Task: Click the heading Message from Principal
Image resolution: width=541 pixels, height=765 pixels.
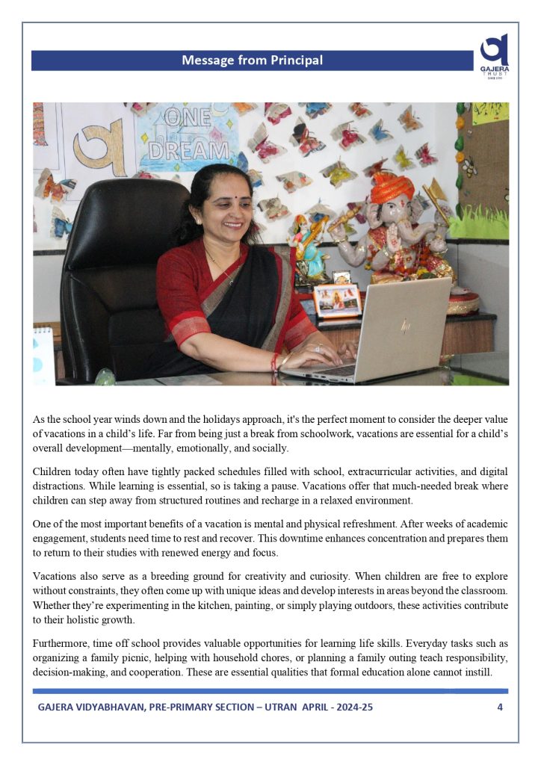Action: [x=252, y=61]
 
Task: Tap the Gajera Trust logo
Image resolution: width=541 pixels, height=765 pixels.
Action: [x=495, y=52]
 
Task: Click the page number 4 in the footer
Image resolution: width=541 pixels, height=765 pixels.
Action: [x=499, y=707]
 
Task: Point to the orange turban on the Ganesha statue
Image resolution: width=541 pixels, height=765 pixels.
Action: [x=392, y=190]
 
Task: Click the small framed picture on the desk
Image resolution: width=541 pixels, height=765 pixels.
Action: [x=337, y=300]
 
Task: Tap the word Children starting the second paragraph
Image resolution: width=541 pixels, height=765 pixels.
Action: [x=55, y=473]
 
